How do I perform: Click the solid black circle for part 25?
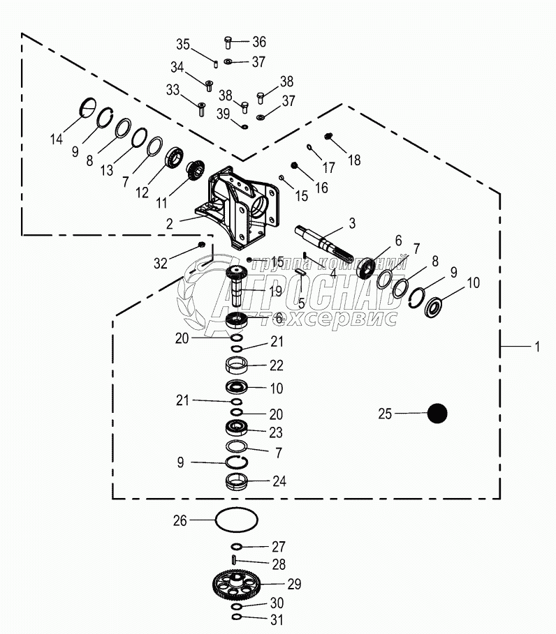click(437, 413)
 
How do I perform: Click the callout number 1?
click(537, 347)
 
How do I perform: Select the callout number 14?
click(56, 139)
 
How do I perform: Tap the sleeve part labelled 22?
click(237, 365)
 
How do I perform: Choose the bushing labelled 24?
click(237, 481)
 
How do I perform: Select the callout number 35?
click(183, 45)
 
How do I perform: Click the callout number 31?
click(276, 618)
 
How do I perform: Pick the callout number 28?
click(279, 563)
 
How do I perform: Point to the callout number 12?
click(142, 193)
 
